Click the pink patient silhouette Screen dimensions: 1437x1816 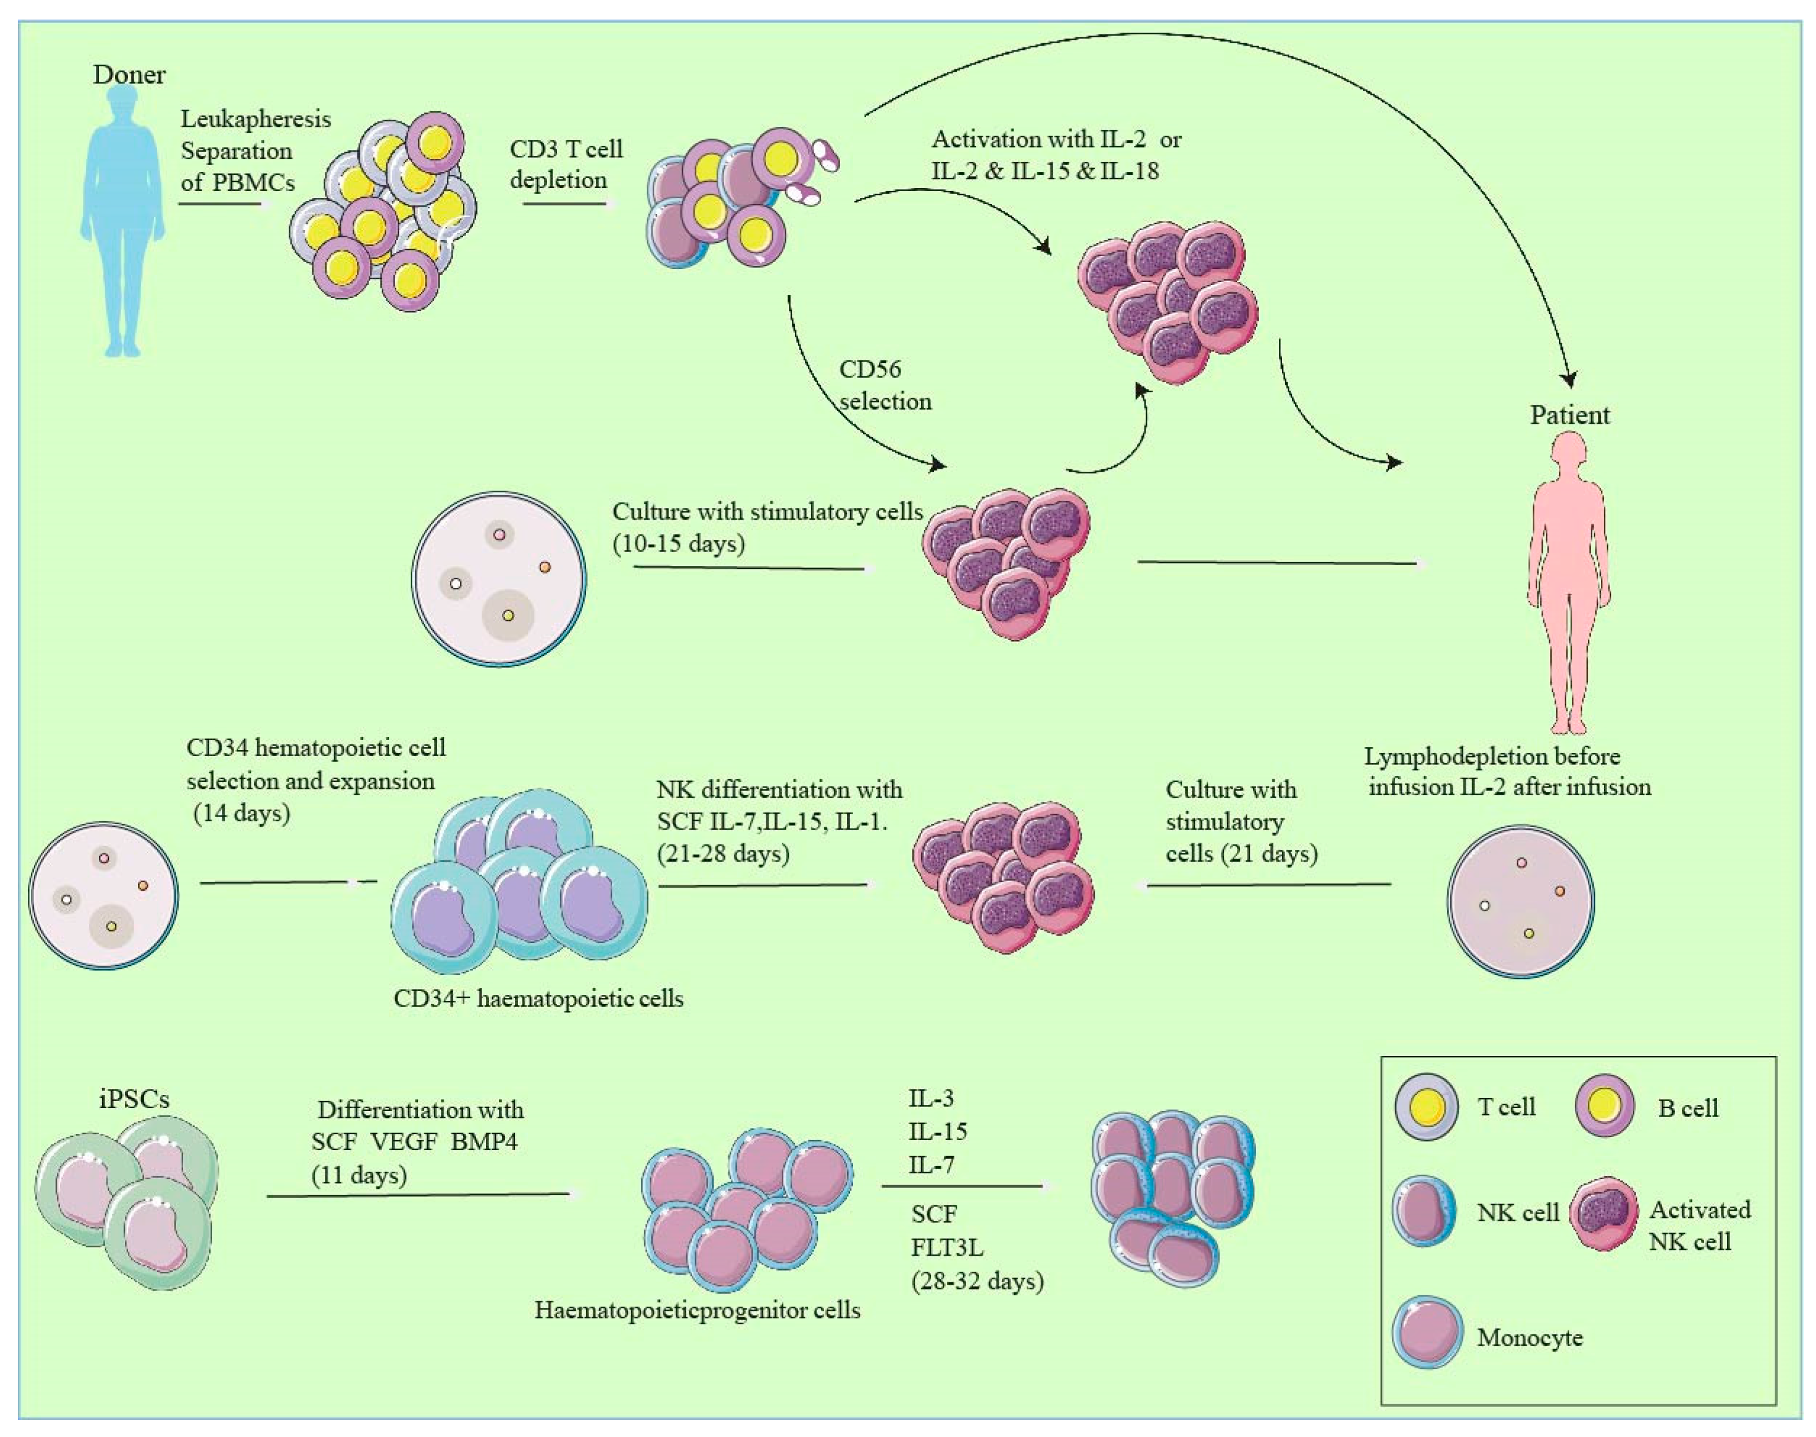click(x=1569, y=581)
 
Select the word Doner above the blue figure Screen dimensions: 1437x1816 click(x=129, y=74)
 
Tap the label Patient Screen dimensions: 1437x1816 click(x=1569, y=415)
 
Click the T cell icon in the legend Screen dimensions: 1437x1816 click(x=1425, y=1106)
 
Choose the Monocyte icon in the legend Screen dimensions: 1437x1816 click(x=1427, y=1336)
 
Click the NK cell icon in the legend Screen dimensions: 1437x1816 click(x=1424, y=1212)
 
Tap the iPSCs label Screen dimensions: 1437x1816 click(x=134, y=1099)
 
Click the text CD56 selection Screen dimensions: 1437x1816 click(x=884, y=385)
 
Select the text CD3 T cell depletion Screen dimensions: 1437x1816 click(x=565, y=164)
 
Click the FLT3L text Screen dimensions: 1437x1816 click(x=946, y=1248)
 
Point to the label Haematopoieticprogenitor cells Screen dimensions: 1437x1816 click(x=697, y=1310)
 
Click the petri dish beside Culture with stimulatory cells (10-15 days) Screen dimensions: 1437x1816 click(x=499, y=580)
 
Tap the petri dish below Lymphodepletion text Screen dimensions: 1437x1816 click(x=1521, y=901)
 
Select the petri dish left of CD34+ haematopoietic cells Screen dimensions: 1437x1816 click(x=104, y=895)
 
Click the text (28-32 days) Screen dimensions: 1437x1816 click(x=977, y=1281)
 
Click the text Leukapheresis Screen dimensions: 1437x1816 click(x=256, y=119)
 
